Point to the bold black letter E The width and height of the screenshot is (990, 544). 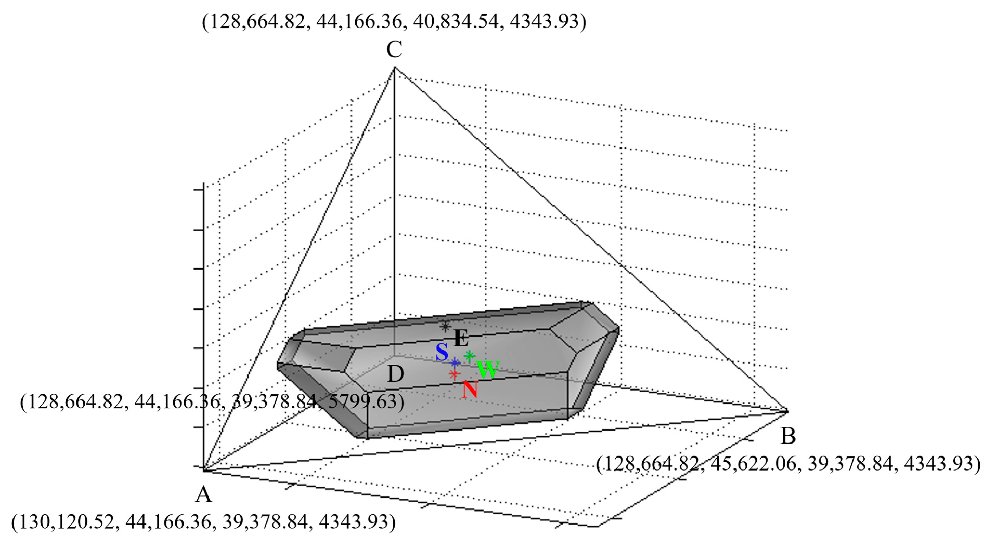(x=461, y=339)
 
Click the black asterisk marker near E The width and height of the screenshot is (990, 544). (x=445, y=327)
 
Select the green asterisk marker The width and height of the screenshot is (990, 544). (x=469, y=356)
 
